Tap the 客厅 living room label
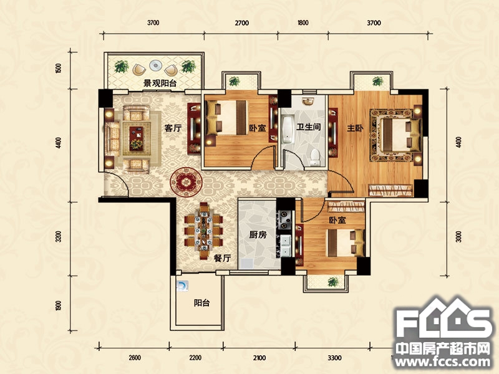pos(172,128)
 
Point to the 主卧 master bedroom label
pos(355,128)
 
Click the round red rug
pos(185,181)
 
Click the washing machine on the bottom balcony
pos(182,285)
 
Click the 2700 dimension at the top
pos(241,23)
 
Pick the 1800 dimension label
pos(303,23)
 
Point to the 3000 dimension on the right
pos(458,237)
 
